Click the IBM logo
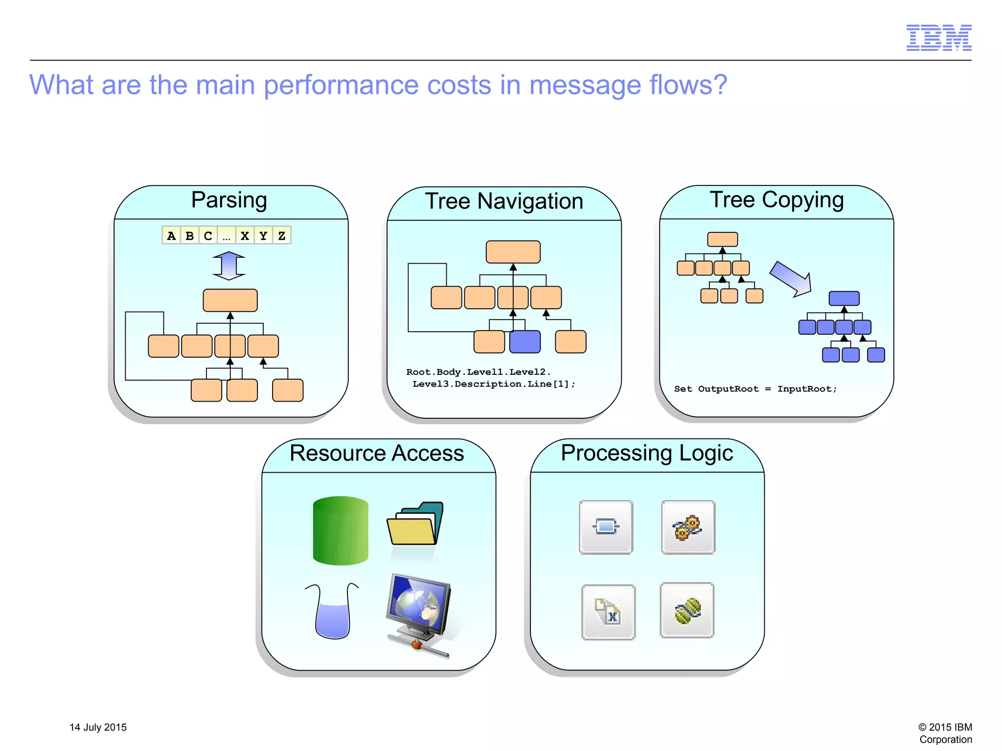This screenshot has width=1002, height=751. [x=938, y=38]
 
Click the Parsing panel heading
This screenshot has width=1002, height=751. [x=229, y=200]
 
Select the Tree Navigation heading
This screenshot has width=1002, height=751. [x=503, y=201]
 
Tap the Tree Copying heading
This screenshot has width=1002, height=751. [x=776, y=200]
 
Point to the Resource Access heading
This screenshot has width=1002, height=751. [x=376, y=453]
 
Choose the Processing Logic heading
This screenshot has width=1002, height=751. [x=646, y=453]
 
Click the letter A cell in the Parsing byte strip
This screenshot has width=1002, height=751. [x=171, y=235]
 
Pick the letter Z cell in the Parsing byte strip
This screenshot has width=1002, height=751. [x=282, y=235]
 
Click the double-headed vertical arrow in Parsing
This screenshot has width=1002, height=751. [x=229, y=266]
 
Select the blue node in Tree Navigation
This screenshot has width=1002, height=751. [x=525, y=341]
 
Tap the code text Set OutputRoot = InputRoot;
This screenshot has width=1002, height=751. [x=755, y=389]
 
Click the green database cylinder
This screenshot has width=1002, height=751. [x=341, y=530]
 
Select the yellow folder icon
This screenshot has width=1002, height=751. [x=414, y=524]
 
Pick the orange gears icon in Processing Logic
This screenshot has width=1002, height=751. [x=687, y=527]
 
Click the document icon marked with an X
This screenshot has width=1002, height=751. [x=608, y=612]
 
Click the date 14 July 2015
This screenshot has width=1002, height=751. [x=98, y=727]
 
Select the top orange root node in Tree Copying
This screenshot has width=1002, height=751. [x=722, y=239]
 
